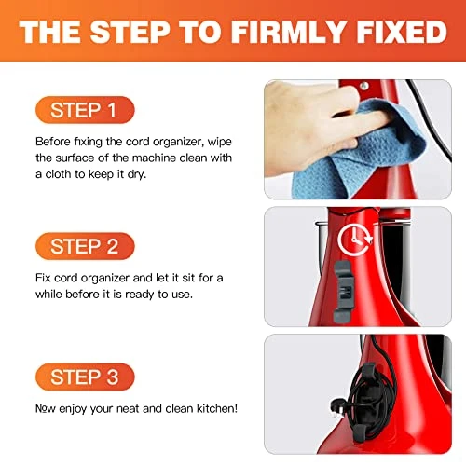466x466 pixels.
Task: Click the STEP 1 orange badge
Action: pos(85,110)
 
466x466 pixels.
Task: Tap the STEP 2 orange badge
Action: pos(85,246)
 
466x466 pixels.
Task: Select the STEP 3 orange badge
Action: pos(85,377)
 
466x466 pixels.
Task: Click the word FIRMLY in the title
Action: pos(288,32)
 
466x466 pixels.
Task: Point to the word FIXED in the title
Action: pos(402,32)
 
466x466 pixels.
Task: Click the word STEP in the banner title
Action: pos(130,32)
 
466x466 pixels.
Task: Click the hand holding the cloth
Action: pos(314,124)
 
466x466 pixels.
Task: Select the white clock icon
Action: pos(355,240)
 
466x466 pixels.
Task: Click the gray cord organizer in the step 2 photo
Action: pos(343,291)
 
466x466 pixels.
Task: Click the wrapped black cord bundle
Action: pos(370,401)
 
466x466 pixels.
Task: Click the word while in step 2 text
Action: pos(48,294)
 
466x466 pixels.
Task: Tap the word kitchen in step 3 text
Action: pos(217,408)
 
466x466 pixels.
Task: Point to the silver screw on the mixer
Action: pos(364,86)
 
